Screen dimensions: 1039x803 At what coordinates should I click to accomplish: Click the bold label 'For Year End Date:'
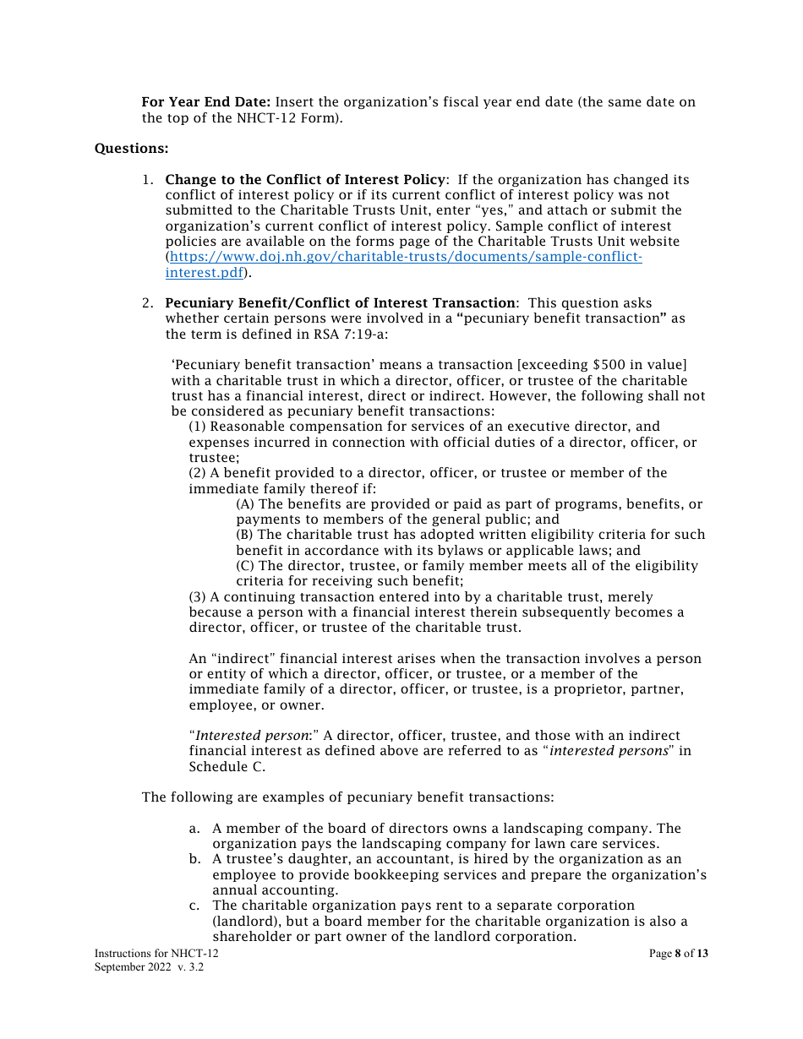point(206,102)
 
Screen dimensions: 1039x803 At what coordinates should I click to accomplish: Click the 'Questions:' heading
point(131,149)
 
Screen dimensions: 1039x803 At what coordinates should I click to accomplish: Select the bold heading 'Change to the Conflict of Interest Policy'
point(304,180)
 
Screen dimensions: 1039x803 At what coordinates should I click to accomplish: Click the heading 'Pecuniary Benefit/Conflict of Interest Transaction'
point(340,303)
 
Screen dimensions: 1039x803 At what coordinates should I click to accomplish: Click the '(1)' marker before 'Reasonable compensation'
point(198,427)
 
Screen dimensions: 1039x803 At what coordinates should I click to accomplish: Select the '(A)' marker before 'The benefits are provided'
point(246,504)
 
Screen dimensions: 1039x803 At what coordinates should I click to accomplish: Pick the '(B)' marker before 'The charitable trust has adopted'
point(246,535)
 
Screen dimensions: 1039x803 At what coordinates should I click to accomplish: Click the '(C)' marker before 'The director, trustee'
point(246,566)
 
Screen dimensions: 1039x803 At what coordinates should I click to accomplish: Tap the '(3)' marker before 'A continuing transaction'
point(198,597)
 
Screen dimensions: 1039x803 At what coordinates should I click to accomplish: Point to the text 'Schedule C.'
point(227,767)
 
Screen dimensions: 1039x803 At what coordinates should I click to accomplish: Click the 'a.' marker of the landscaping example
point(194,829)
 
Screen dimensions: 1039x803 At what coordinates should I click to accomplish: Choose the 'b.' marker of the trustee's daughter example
point(194,860)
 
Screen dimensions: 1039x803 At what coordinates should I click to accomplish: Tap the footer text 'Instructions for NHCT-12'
point(156,954)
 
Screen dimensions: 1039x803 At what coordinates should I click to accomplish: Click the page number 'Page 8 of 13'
point(678,954)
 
